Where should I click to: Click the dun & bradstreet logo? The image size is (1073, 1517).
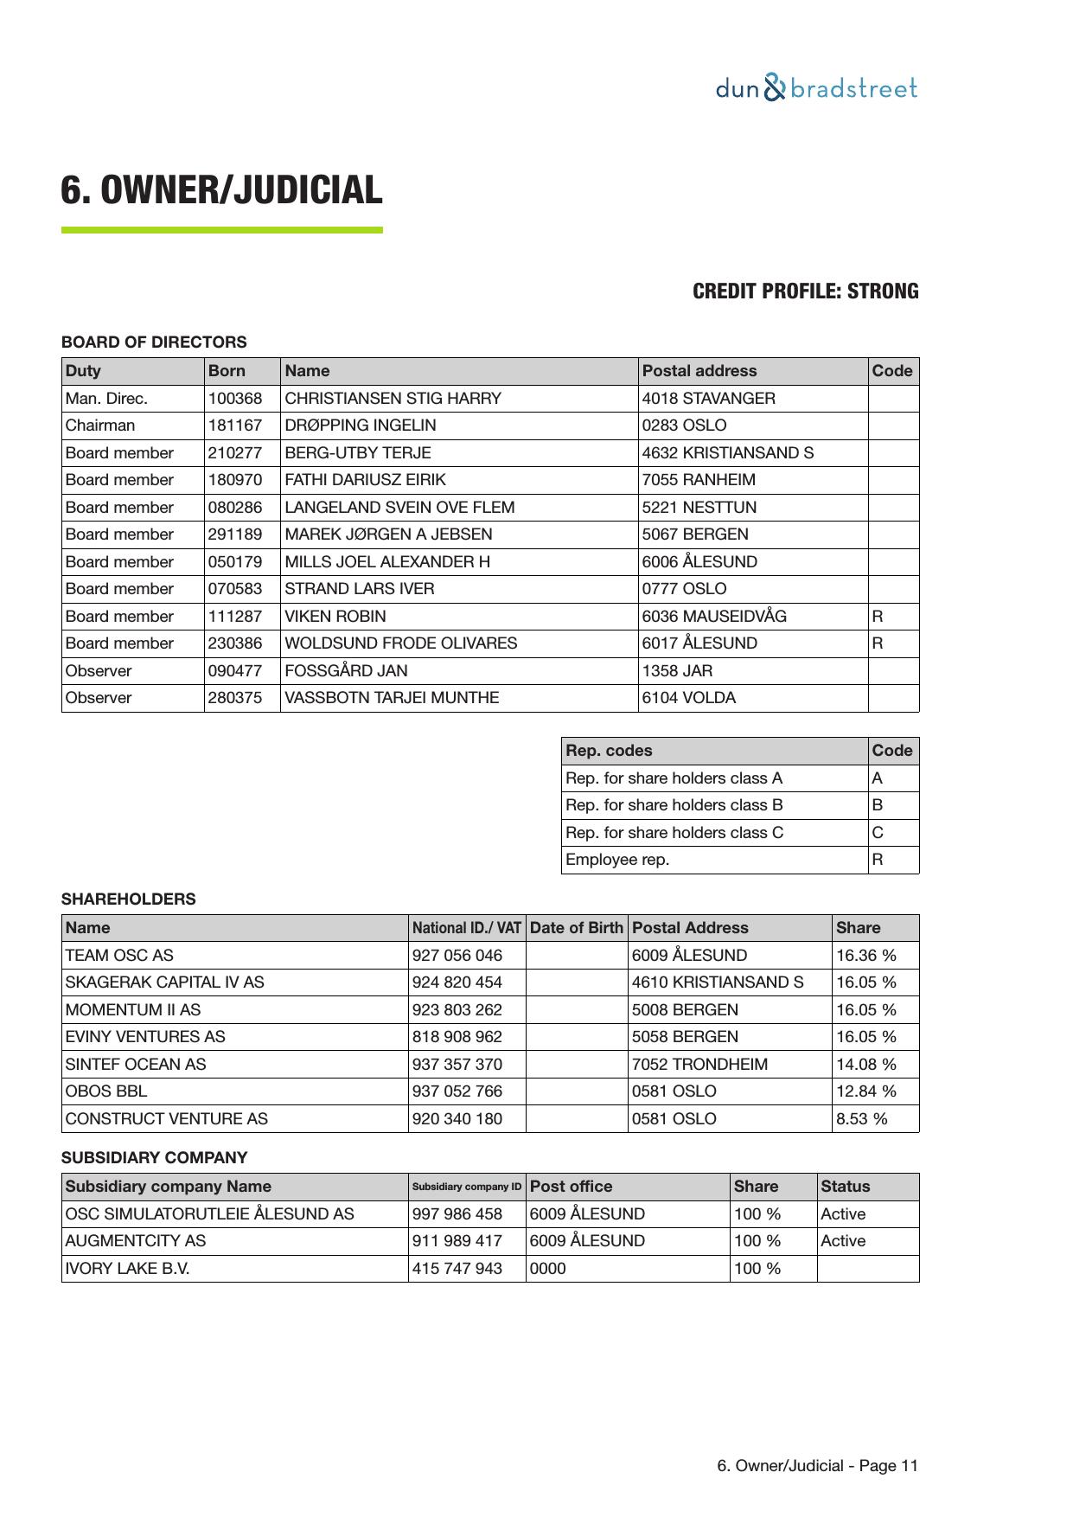815,88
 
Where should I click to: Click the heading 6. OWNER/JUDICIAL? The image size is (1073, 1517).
221,189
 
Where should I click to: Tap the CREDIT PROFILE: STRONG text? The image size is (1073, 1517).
805,291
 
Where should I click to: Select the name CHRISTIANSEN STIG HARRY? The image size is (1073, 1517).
393,399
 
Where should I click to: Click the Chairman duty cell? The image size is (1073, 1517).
100,426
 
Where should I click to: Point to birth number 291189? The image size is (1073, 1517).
235,534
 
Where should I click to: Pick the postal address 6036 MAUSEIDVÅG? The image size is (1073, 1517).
714,617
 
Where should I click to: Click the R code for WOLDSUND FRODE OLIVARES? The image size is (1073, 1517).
878,643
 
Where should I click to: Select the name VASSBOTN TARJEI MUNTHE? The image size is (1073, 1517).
392,698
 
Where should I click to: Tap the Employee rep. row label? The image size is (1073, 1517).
617,860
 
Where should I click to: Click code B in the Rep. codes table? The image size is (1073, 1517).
878,805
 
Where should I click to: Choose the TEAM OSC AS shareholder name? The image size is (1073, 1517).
119,956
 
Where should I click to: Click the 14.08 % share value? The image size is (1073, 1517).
865,1065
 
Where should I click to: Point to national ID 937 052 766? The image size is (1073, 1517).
457,1091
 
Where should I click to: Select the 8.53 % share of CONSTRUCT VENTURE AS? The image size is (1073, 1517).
861,1119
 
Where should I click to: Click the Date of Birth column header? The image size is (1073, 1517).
576,928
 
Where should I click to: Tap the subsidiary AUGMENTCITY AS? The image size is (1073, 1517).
136,1241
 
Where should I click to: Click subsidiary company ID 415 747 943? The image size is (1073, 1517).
457,1269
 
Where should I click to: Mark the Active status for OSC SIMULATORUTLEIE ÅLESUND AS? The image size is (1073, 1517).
843,1214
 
